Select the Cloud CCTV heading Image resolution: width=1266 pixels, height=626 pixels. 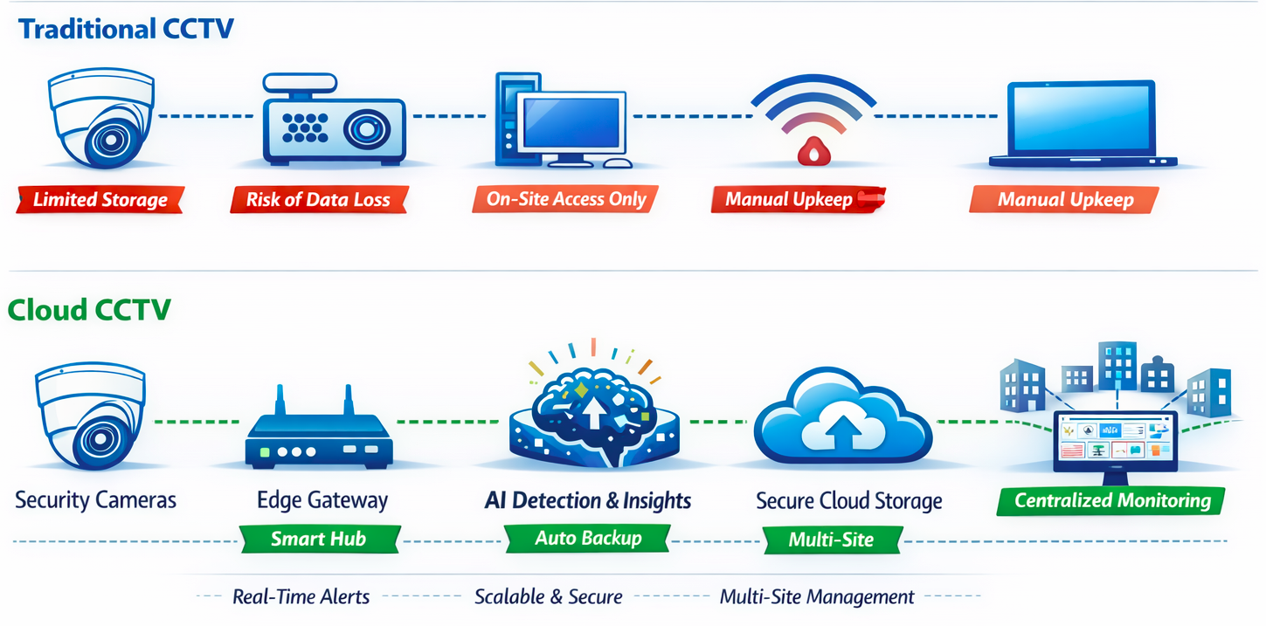tap(89, 309)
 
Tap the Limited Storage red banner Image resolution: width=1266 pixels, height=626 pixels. tap(100, 200)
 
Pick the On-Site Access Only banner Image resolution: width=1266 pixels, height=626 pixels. tap(565, 199)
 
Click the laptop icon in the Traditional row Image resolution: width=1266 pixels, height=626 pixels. tap(1083, 124)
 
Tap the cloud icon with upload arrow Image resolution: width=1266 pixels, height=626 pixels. tap(842, 417)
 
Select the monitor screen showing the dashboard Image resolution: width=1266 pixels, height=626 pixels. tap(1115, 439)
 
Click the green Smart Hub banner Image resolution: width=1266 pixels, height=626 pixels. tap(318, 539)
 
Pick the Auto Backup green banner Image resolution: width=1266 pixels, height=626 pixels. tap(588, 539)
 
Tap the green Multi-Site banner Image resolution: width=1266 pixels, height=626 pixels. tap(831, 540)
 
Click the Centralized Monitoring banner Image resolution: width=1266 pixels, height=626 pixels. tap(1112, 501)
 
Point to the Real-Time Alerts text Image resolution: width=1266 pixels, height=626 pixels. tap(301, 597)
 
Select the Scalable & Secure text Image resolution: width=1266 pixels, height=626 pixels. tap(548, 597)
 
